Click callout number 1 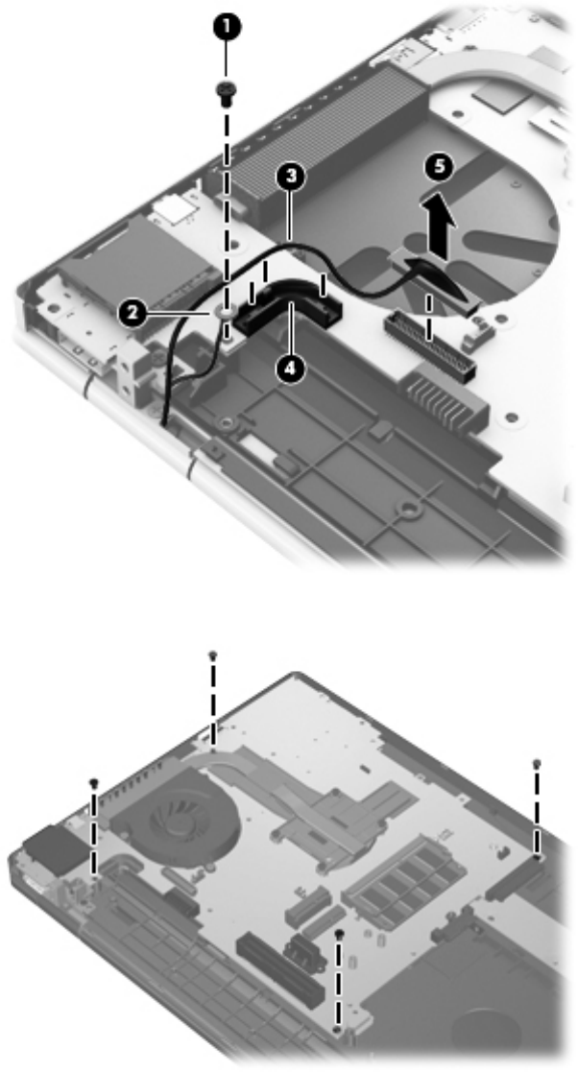(x=228, y=27)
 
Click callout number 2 (x=130, y=314)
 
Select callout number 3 (x=290, y=178)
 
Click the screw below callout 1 (x=224, y=90)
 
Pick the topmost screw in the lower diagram (x=213, y=655)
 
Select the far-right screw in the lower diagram (x=538, y=763)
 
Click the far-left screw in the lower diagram (x=94, y=783)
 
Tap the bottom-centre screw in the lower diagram (x=339, y=933)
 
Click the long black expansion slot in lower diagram (x=279, y=966)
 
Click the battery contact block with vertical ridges (x=446, y=395)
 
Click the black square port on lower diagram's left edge (x=54, y=848)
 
